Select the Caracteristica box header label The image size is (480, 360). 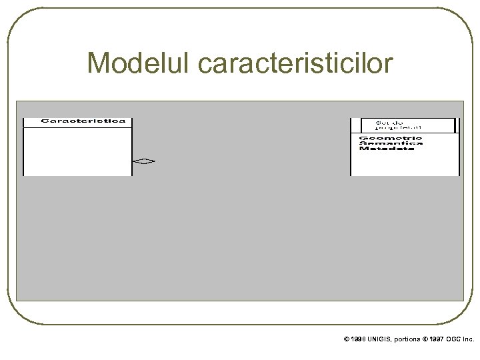[77, 122]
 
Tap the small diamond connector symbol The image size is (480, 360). [143, 161]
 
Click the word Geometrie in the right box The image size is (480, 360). [387, 138]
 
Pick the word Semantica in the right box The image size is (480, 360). [387, 143]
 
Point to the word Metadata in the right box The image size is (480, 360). [387, 148]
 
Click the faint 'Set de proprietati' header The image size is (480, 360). [394, 125]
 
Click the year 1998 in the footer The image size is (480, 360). [357, 339]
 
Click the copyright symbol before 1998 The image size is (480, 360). [346, 339]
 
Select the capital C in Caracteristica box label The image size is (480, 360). [45, 122]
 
